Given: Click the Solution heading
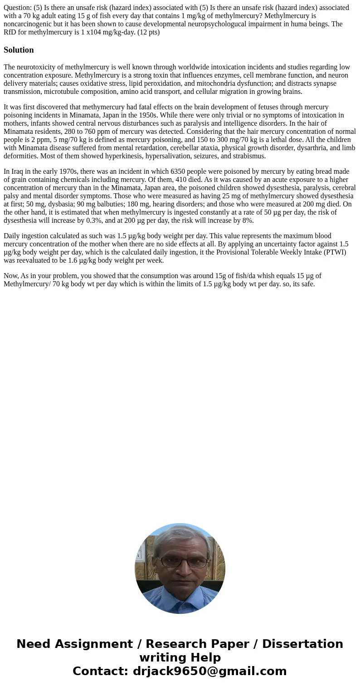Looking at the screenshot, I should click(x=19, y=50).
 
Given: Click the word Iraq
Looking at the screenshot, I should click(x=18, y=172).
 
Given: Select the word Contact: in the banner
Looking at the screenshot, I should click(x=100, y=671).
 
